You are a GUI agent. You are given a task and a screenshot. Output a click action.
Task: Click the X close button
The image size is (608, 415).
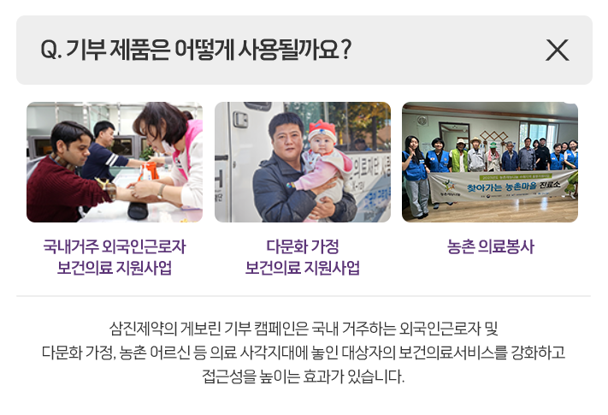[558, 50]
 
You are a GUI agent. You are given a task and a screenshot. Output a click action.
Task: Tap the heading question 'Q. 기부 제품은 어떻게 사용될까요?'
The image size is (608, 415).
[196, 50]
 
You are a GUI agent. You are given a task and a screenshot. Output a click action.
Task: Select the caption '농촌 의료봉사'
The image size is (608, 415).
[491, 246]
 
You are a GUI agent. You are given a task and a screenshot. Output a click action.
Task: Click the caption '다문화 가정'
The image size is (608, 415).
[303, 246]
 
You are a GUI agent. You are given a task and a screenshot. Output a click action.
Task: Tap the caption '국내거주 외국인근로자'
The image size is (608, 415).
[115, 246]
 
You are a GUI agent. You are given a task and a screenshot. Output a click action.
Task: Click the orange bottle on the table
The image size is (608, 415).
[149, 171]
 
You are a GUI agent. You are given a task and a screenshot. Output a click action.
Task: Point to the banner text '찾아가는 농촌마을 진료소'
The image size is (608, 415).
[514, 186]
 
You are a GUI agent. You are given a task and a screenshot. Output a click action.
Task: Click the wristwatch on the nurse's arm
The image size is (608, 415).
[161, 192]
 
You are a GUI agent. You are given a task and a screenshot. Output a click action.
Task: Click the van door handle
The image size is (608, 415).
[240, 120]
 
